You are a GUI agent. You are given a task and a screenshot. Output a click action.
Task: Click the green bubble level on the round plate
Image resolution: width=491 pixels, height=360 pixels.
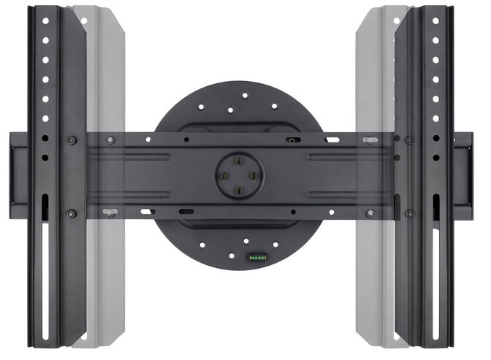256,256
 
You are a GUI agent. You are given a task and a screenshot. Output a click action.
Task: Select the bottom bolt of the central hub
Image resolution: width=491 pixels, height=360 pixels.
238,190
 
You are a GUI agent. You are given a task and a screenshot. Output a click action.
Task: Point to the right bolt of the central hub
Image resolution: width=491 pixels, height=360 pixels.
253,176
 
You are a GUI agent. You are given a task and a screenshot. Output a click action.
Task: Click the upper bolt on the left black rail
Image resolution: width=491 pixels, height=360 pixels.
71,139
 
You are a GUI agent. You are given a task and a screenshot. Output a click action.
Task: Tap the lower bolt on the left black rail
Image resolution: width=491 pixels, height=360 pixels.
71,213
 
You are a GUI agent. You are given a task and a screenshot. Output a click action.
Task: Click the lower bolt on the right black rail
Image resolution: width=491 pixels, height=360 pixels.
410,213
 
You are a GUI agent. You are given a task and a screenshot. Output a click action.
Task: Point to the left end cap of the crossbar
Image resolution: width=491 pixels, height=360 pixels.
19,175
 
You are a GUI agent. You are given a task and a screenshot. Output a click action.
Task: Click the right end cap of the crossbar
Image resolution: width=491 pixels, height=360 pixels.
462,175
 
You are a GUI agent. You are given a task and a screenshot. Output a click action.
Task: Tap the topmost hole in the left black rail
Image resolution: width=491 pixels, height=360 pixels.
45,21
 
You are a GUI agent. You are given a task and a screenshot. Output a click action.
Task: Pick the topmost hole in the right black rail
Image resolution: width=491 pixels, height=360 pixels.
435,21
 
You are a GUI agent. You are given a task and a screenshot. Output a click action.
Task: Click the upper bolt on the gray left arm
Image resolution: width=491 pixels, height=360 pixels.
110,139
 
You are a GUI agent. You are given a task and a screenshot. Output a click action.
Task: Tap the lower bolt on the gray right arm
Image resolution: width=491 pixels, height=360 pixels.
371,213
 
